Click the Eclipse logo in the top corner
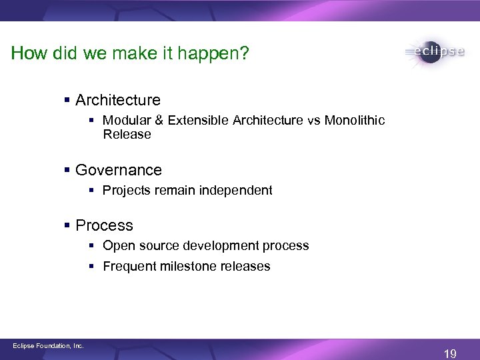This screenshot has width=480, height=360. (434, 53)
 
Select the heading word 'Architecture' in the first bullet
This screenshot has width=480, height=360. (118, 100)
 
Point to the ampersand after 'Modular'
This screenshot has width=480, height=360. (158, 120)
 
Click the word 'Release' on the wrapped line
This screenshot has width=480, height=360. (127, 134)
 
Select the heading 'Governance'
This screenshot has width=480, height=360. (119, 170)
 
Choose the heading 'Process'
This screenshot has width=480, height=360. (104, 225)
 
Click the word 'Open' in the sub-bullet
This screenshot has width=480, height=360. (119, 245)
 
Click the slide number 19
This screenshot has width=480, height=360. (450, 354)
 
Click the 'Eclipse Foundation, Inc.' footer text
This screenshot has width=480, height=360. (49, 345)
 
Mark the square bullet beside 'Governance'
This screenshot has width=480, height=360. (67, 171)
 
